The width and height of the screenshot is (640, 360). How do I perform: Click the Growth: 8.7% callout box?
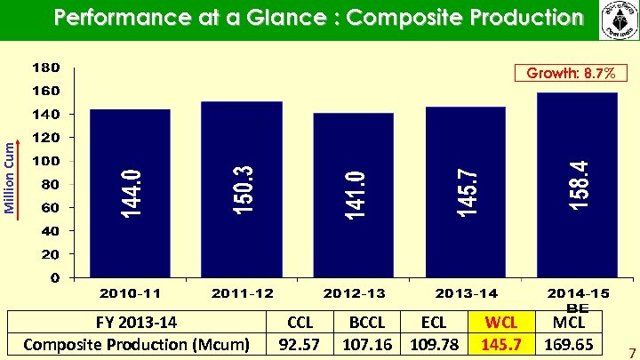(x=564, y=74)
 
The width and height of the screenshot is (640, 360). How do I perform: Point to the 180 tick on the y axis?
(x=46, y=68)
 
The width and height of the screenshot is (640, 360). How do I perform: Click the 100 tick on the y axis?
(x=46, y=161)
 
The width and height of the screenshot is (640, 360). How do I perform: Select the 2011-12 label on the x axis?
(x=242, y=292)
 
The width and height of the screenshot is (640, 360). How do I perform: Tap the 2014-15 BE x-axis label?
(x=578, y=298)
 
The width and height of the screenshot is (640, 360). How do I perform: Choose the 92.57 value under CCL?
(x=300, y=343)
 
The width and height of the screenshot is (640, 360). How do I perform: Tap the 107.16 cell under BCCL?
(x=369, y=343)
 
